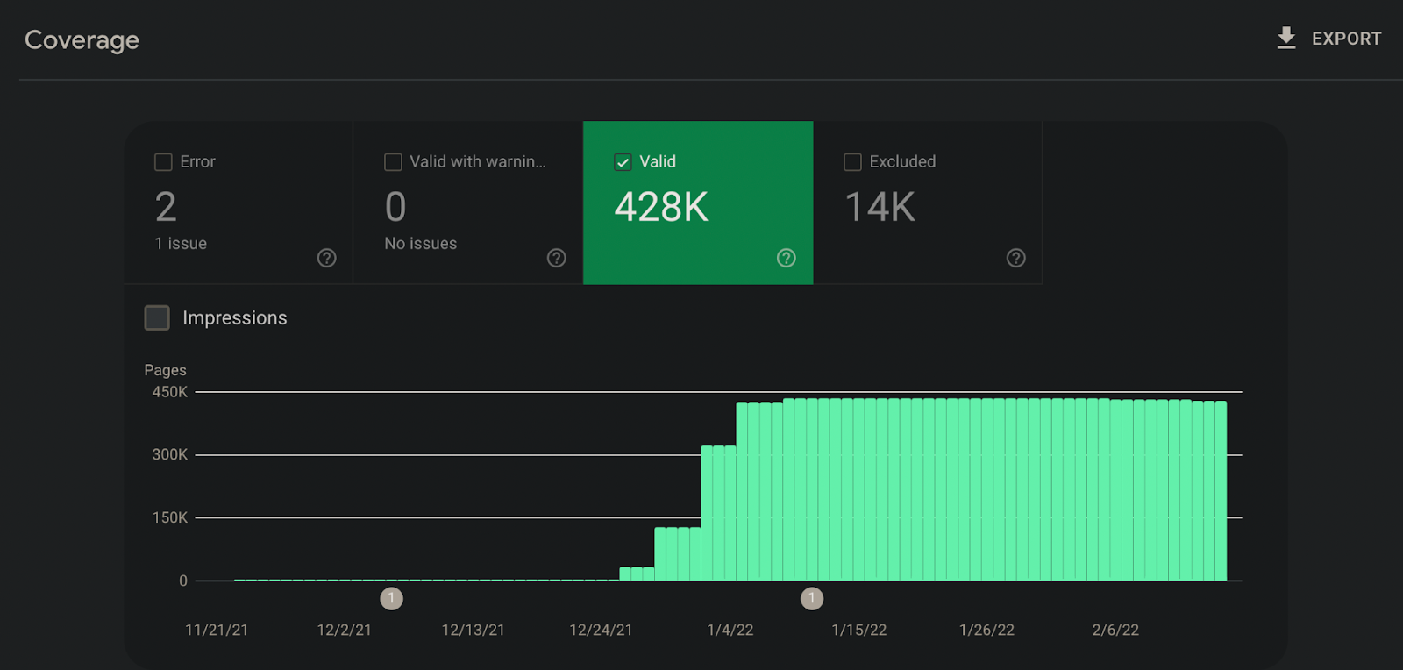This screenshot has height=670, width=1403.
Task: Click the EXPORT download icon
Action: coord(1285,38)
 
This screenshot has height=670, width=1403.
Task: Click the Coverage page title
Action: coord(82,40)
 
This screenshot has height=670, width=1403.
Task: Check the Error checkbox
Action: coord(163,162)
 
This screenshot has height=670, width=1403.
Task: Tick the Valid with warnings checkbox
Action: coord(393,162)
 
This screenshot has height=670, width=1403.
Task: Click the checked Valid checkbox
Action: coord(623,162)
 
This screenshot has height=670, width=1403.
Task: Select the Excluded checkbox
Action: coord(852,162)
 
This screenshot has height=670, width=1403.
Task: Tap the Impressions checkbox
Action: coord(157,317)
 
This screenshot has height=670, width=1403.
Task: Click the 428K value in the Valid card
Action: coord(661,207)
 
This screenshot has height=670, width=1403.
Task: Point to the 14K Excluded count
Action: coord(880,207)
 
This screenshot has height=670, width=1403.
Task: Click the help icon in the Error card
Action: coord(326,258)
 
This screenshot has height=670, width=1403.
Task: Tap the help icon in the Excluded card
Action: coord(1016,258)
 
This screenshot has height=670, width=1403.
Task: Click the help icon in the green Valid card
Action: coord(786,258)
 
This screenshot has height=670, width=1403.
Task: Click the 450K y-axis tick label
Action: coord(170,392)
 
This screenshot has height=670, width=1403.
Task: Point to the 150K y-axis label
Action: coord(170,517)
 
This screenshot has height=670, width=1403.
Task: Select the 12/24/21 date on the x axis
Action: coord(601,630)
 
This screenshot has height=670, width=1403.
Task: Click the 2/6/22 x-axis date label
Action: coord(1115,630)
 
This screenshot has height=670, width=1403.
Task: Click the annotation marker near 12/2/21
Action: coord(391,599)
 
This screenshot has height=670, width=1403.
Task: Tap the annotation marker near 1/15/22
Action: coord(812,599)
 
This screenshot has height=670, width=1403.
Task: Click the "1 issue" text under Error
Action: coord(181,244)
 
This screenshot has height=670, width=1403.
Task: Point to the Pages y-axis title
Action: coord(166,370)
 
